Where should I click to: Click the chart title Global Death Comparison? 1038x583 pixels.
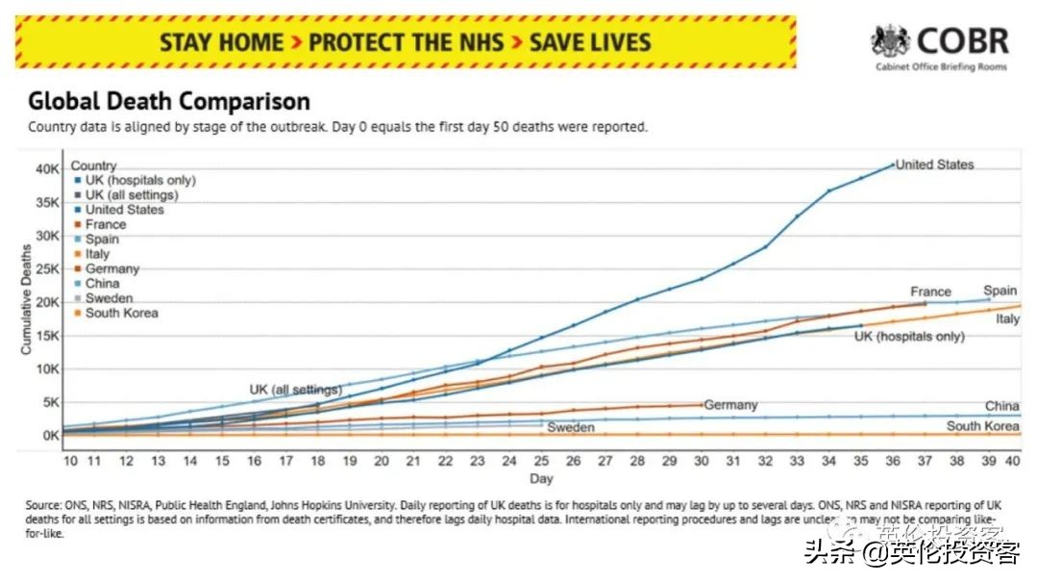click(x=169, y=102)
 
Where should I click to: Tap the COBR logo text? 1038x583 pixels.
click(x=962, y=41)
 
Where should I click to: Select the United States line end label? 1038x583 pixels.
click(x=934, y=165)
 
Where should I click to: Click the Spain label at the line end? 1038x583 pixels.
click(x=1000, y=291)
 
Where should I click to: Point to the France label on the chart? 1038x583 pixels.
click(x=930, y=291)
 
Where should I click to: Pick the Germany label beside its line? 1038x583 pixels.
click(x=730, y=405)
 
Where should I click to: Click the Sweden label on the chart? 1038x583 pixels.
click(x=571, y=427)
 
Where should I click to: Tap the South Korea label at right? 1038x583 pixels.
click(x=982, y=426)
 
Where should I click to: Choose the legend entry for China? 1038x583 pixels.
click(x=102, y=284)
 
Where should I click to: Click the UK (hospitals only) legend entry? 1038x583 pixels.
click(x=139, y=180)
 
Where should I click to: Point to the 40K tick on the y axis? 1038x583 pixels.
click(x=45, y=169)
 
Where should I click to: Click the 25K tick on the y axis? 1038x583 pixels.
click(x=45, y=268)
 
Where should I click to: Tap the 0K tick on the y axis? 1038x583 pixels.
click(x=48, y=435)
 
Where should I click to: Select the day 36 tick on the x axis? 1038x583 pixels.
click(x=892, y=462)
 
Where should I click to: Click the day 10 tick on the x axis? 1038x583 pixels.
click(x=70, y=462)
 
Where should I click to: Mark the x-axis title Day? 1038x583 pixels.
click(x=541, y=478)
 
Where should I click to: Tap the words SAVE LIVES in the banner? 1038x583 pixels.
click(x=590, y=42)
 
